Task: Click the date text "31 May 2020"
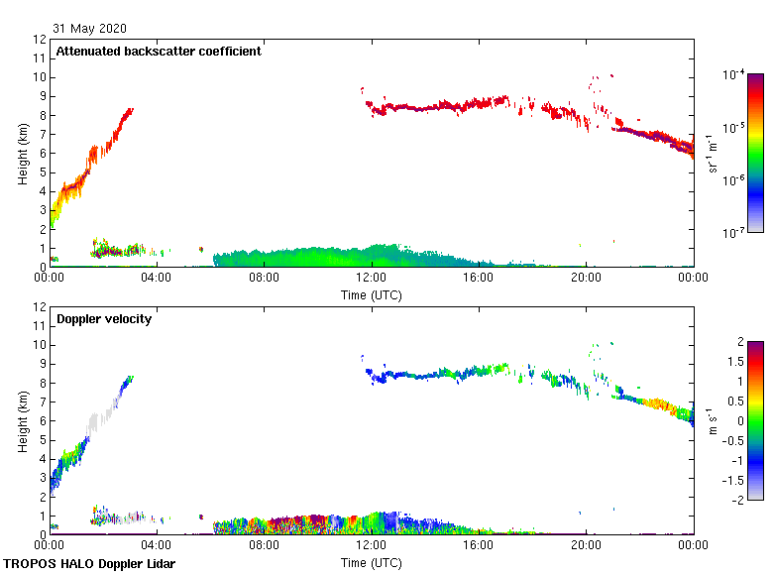coord(89,29)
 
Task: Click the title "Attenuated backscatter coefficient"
coord(159,52)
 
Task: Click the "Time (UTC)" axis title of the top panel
coord(372,294)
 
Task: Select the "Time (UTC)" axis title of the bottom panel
coord(372,562)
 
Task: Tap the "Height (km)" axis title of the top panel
coord(22,153)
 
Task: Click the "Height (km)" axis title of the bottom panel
coord(22,420)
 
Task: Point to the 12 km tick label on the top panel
coord(40,40)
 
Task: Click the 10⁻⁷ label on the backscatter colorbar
coord(734,233)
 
